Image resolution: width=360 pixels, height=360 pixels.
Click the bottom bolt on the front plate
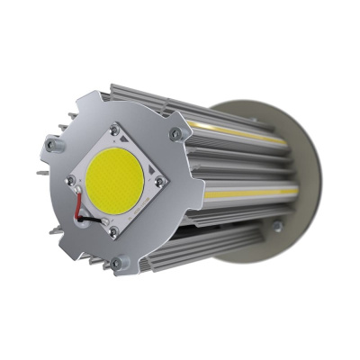point(116,263)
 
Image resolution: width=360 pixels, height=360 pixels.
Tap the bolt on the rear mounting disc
point(277,226)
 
